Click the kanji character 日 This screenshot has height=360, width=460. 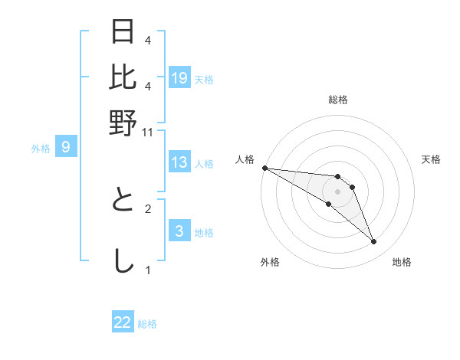(123, 32)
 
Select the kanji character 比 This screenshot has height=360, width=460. (123, 77)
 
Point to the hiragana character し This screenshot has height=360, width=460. (123, 261)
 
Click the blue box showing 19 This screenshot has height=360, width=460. (179, 78)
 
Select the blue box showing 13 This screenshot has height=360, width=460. (179, 162)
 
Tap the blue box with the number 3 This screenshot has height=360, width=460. (179, 231)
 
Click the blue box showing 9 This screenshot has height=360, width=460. (66, 147)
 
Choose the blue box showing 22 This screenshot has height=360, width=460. (123, 322)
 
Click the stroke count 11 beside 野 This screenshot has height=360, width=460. (148, 133)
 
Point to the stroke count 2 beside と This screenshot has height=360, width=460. (148, 208)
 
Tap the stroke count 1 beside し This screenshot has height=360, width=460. (148, 270)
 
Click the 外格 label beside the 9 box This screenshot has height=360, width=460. (40, 149)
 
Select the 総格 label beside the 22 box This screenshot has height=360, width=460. (147, 324)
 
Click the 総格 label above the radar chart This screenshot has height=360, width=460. (337, 100)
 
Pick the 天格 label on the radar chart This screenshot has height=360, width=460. (431, 159)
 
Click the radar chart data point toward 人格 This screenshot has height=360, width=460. (264, 168)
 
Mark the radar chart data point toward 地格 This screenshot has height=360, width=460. (374, 242)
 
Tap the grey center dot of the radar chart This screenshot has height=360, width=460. (337, 191)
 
